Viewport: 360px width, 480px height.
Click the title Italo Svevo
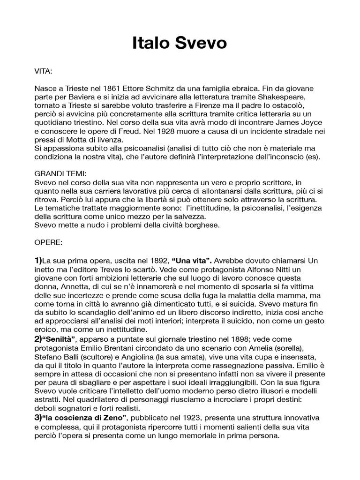coord(180,44)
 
